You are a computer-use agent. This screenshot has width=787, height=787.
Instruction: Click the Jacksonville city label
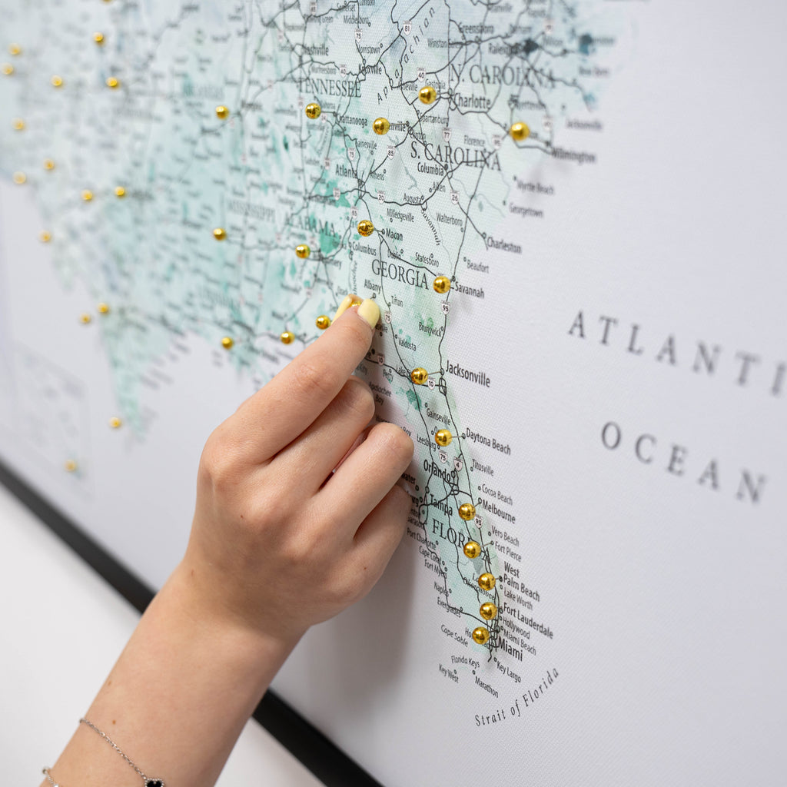pyautogui.click(x=467, y=374)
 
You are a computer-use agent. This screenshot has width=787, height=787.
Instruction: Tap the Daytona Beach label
pyautogui.click(x=487, y=442)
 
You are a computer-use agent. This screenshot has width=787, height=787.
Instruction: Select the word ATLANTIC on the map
pyautogui.click(x=676, y=350)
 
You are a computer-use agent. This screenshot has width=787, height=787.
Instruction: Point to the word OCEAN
pyautogui.click(x=683, y=460)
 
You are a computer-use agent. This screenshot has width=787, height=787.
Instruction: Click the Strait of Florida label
pyautogui.click(x=516, y=697)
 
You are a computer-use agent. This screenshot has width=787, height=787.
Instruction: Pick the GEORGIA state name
pyautogui.click(x=400, y=274)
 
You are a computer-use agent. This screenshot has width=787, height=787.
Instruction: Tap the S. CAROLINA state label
pyautogui.click(x=455, y=157)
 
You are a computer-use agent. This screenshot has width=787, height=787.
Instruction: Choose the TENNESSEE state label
pyautogui.click(x=329, y=87)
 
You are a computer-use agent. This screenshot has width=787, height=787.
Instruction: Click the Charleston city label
pyautogui.click(x=503, y=245)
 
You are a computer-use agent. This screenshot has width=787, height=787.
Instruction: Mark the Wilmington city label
pyautogui.click(x=573, y=156)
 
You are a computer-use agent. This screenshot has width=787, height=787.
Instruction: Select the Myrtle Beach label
pyautogui.click(x=535, y=187)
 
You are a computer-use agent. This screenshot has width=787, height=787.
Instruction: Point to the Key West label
pyautogui.click(x=448, y=673)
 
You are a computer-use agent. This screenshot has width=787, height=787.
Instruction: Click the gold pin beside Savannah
pyautogui.click(x=441, y=284)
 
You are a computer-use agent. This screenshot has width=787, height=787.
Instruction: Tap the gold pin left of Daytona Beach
pyautogui.click(x=443, y=437)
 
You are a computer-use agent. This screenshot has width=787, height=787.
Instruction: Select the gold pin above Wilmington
pyautogui.click(x=520, y=131)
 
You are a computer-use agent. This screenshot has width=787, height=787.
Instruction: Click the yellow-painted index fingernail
pyautogui.click(x=369, y=313)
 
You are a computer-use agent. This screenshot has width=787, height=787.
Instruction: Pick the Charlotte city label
pyautogui.click(x=471, y=101)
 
